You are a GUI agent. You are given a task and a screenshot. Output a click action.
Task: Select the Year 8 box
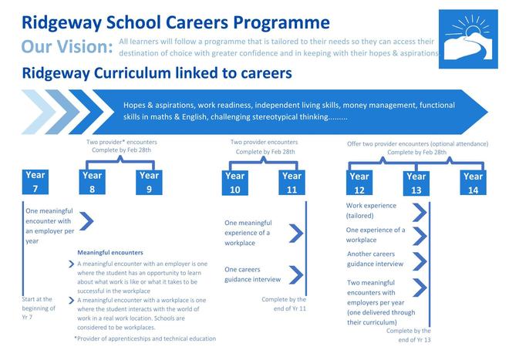click(91, 182)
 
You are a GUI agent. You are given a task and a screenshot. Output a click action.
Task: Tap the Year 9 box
click(149, 182)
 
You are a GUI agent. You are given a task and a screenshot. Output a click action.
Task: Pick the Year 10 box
click(234, 182)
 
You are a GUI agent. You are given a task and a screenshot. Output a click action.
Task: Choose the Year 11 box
click(292, 182)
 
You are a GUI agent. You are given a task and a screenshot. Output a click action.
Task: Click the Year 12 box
click(359, 183)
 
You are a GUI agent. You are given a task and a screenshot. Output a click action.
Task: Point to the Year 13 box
click(416, 183)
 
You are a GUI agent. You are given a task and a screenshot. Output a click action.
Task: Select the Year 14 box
click(474, 183)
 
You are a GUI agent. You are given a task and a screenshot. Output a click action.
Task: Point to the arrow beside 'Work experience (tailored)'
click(420, 211)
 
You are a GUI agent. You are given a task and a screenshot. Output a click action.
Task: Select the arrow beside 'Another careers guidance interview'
click(420, 259)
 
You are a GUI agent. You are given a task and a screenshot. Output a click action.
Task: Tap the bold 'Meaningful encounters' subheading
click(110, 252)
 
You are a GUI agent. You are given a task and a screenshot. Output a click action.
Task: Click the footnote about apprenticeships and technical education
click(145, 338)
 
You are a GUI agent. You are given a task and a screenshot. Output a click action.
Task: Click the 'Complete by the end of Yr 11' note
click(284, 304)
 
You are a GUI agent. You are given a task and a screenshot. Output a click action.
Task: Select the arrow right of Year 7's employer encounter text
click(86, 222)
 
